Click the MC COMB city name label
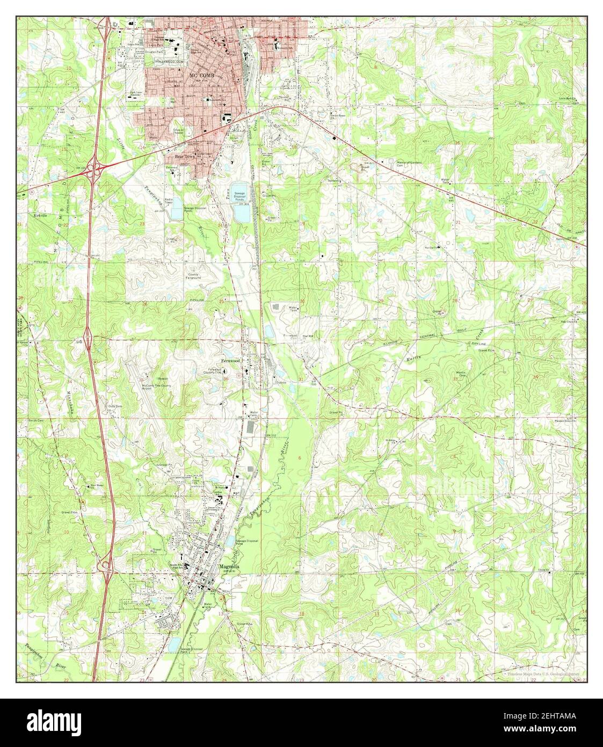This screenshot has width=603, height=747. tap(202, 76)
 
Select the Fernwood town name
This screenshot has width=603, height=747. tap(229, 361)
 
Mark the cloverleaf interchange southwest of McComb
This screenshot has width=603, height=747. tap(96, 169)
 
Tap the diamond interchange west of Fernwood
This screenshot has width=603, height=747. tap(87, 339)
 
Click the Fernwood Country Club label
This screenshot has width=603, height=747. tap(219, 370)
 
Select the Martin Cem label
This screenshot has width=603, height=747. tap(461, 374)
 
